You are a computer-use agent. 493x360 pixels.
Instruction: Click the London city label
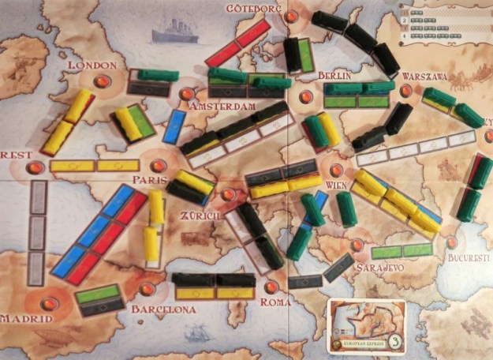click(x=92, y=65)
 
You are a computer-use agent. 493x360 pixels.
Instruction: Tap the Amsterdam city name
click(x=224, y=105)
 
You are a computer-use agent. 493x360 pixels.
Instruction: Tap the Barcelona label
click(x=163, y=309)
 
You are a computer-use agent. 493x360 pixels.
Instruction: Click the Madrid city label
click(x=26, y=318)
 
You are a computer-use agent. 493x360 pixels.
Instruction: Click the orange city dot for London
click(x=101, y=80)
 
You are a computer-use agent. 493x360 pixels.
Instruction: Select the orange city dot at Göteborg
click(x=292, y=16)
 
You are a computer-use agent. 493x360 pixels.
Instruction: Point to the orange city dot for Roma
click(x=271, y=288)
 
